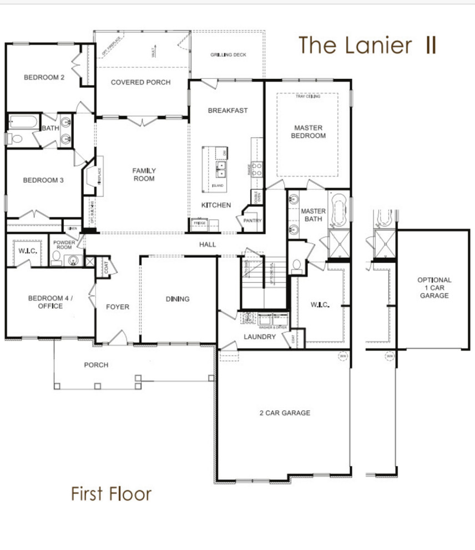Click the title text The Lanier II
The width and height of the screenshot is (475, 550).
(367, 46)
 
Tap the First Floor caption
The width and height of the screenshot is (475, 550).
(111, 493)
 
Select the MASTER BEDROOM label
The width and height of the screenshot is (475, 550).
(309, 132)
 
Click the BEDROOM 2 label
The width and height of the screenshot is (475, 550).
(44, 78)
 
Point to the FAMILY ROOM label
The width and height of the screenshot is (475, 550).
(143, 174)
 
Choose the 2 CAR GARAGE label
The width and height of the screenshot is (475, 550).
(285, 413)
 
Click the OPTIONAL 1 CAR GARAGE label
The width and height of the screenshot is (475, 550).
(434, 288)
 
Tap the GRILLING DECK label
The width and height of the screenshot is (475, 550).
(228, 55)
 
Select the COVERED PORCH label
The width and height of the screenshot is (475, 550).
(140, 82)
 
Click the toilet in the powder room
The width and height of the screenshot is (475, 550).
(57, 257)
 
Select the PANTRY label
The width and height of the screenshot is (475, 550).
(252, 221)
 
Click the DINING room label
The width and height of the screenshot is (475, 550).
(178, 299)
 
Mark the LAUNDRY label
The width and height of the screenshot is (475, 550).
(259, 337)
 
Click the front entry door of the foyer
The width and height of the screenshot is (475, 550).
(117, 337)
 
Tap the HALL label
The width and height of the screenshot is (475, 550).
(208, 244)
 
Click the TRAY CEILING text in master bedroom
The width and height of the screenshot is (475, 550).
(307, 97)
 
